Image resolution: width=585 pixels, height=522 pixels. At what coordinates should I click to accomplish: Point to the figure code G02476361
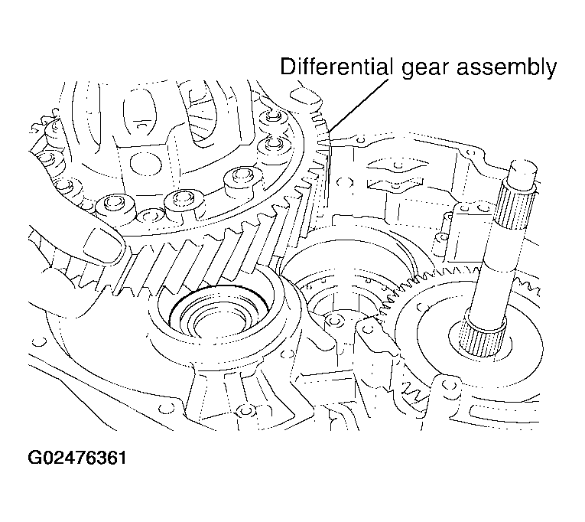[77, 458]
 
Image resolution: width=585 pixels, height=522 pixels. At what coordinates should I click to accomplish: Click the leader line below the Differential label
[359, 106]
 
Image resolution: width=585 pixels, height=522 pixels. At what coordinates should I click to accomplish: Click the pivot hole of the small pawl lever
[369, 328]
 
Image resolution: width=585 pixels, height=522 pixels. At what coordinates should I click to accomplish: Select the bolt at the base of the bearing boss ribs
[245, 411]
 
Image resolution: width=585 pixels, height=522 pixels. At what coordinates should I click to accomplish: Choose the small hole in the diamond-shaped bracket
[398, 164]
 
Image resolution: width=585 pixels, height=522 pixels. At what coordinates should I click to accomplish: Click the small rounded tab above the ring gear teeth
[305, 96]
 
